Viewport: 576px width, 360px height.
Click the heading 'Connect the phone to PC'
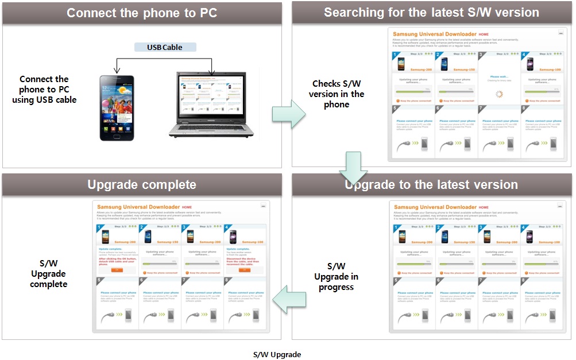[x=142, y=13]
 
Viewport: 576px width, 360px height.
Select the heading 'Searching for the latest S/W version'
[x=431, y=13]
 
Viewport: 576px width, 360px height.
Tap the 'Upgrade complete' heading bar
[x=142, y=184]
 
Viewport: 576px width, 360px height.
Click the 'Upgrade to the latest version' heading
[x=431, y=184]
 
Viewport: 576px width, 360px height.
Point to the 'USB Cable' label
[x=165, y=47]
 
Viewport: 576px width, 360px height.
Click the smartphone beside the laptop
[x=117, y=108]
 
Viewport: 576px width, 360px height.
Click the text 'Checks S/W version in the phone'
[x=337, y=94]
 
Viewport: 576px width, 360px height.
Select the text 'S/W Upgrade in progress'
[x=337, y=277]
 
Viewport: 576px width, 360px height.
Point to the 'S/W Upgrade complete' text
[x=49, y=274]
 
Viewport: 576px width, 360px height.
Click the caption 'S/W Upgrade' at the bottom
[x=277, y=354]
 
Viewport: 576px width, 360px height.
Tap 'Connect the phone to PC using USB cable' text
[x=44, y=90]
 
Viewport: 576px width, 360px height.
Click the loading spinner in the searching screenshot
[x=498, y=94]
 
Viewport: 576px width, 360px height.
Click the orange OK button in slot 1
[x=117, y=269]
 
